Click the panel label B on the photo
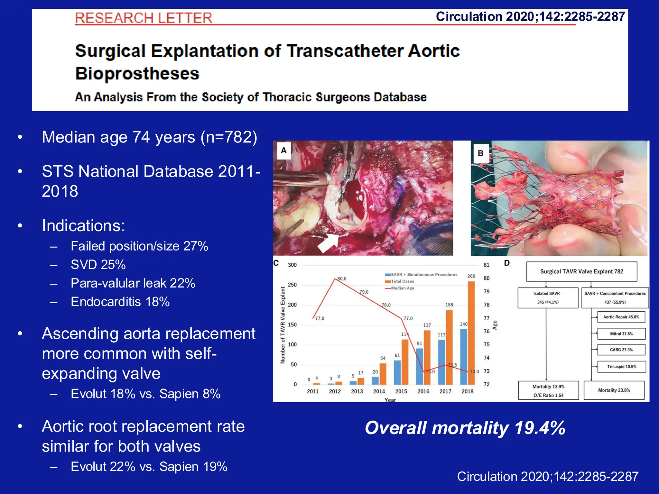(480, 153)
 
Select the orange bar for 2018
(471, 333)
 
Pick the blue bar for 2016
(420, 366)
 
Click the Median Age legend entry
(402, 288)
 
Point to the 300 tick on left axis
(292, 265)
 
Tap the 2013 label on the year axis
(357, 391)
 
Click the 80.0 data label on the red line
(342, 279)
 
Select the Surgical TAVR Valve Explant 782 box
(581, 271)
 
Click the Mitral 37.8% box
(621, 334)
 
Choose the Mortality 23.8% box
(614, 390)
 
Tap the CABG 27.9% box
(621, 350)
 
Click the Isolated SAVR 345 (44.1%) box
(548, 298)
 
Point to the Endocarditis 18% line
(120, 302)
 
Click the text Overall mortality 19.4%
(465, 428)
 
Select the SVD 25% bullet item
(98, 265)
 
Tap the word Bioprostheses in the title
(137, 73)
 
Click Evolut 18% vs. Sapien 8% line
(145, 394)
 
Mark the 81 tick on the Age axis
(486, 265)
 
